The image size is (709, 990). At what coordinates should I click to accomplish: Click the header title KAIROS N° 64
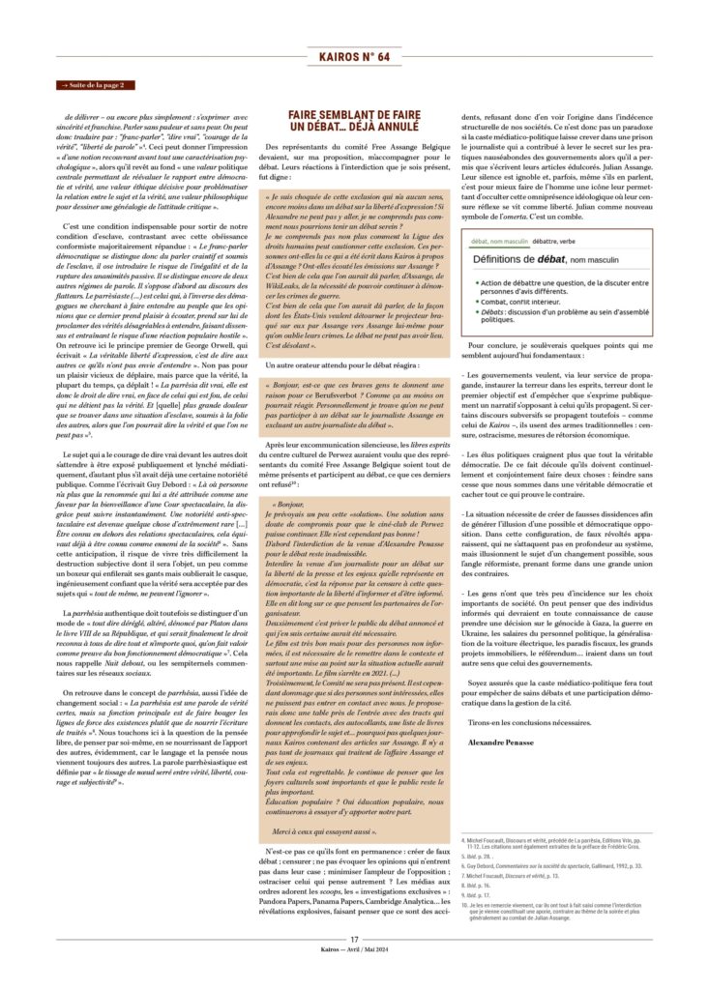pos(354,57)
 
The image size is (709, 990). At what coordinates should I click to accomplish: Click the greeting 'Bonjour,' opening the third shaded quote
pos(288,504)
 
